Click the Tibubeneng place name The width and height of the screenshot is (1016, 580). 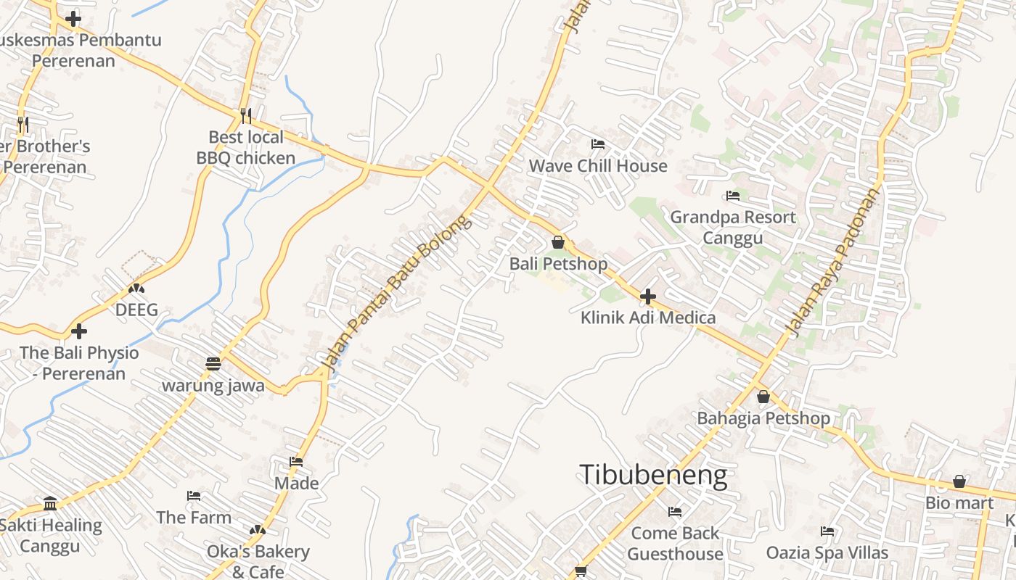pyautogui.click(x=653, y=475)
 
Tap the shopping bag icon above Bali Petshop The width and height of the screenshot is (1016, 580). pyautogui.click(x=558, y=242)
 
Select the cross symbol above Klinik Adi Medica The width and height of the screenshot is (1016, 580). pyautogui.click(x=648, y=297)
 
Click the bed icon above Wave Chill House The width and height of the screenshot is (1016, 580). pyautogui.click(x=598, y=144)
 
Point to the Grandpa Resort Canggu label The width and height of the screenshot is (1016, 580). pyautogui.click(x=732, y=228)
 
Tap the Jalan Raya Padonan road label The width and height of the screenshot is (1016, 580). pyautogui.click(x=834, y=262)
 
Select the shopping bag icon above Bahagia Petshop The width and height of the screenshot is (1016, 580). pyautogui.click(x=763, y=397)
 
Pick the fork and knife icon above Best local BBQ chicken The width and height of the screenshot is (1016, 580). pyautogui.click(x=246, y=115)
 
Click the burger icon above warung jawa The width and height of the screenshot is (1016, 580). pyautogui.click(x=213, y=364)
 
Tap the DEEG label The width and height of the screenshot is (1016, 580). pyautogui.click(x=136, y=310)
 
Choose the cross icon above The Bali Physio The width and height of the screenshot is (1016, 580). pyautogui.click(x=79, y=331)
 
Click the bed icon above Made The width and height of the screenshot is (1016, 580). pyautogui.click(x=296, y=461)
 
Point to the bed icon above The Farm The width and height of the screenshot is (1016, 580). pyautogui.click(x=194, y=496)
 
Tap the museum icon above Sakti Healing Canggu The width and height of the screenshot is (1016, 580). pyautogui.click(x=50, y=503)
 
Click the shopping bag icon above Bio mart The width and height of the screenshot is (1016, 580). pyautogui.click(x=959, y=481)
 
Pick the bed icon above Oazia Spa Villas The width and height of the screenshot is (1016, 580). pyautogui.click(x=827, y=531)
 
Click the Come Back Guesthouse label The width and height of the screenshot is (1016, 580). pyautogui.click(x=675, y=544)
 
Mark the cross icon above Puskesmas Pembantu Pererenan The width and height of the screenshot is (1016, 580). pyautogui.click(x=73, y=19)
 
